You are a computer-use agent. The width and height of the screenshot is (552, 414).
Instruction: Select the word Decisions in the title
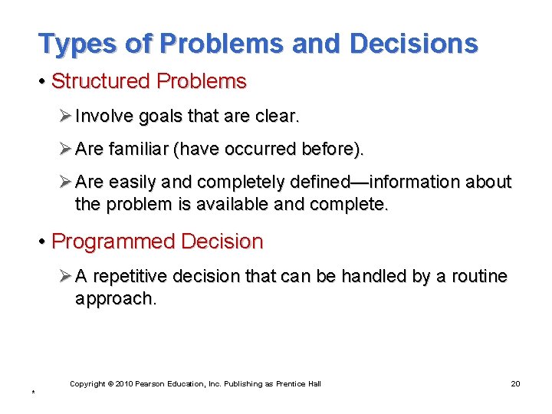(x=414, y=44)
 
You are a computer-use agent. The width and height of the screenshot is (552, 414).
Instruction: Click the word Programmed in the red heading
(x=113, y=242)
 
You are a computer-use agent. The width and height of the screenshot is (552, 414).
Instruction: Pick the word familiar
(x=137, y=149)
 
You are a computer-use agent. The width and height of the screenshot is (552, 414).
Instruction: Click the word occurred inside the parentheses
(x=256, y=149)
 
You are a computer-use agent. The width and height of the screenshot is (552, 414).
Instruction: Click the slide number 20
(x=514, y=383)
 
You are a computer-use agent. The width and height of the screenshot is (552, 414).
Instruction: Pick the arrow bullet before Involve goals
(x=64, y=117)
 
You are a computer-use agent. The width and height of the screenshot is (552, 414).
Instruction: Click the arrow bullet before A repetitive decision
(x=64, y=276)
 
